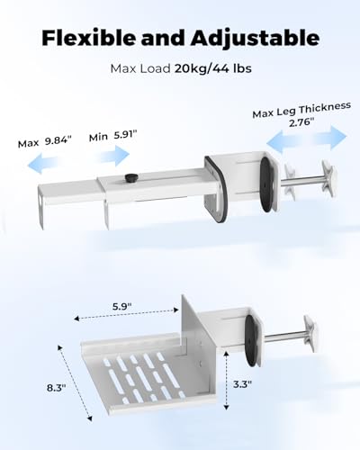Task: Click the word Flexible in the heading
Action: [89, 38]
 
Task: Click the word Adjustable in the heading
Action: [255, 39]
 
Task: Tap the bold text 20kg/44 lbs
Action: [213, 68]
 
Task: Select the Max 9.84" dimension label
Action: [45, 141]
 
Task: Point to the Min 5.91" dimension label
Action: [112, 136]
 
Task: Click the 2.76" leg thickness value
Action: [301, 122]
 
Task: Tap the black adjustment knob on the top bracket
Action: [130, 177]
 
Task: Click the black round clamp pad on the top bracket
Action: [266, 184]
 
